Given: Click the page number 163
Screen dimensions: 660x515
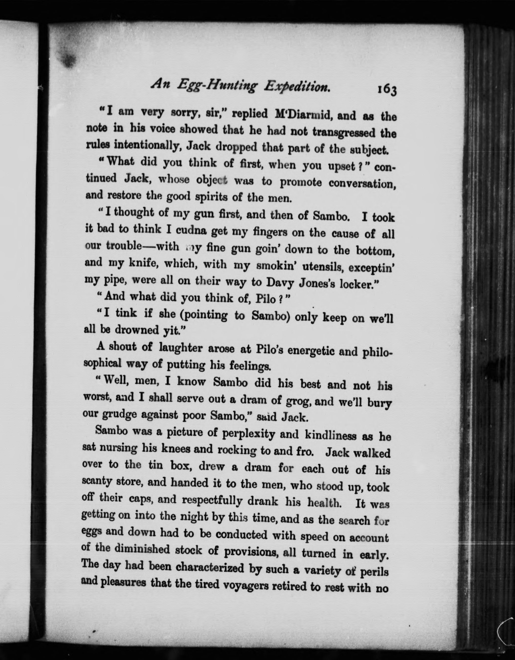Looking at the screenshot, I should pyautogui.click(x=385, y=90).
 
